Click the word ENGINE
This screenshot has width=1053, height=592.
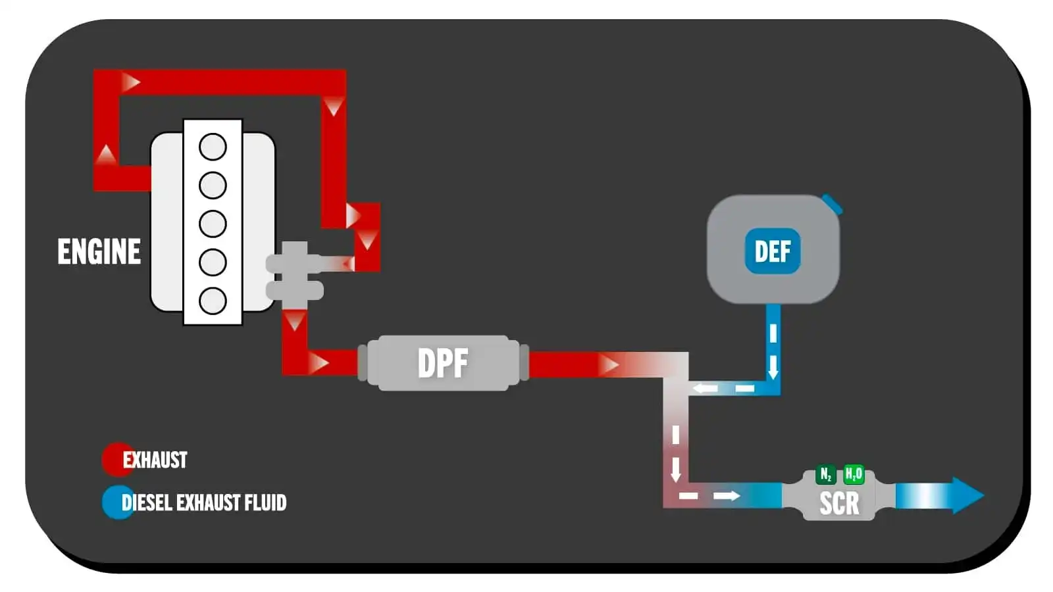click(99, 252)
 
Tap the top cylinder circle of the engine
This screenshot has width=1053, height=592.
click(213, 147)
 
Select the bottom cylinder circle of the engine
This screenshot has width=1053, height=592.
click(213, 301)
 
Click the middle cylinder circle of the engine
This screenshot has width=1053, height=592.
click(213, 224)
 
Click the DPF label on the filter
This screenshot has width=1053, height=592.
click(443, 363)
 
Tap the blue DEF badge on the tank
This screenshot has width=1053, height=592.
click(773, 251)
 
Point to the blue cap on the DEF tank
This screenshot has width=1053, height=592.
click(833, 203)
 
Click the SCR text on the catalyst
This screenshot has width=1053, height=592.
click(839, 503)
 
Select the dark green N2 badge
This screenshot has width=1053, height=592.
click(825, 474)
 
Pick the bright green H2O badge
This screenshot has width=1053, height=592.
click(854, 474)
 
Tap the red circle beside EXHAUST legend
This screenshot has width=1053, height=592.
click(116, 459)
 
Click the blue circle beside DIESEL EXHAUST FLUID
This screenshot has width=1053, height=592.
click(116, 503)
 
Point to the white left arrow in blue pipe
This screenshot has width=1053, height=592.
click(706, 388)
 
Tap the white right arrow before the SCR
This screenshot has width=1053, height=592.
click(727, 495)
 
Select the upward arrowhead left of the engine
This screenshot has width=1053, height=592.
click(106, 155)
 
